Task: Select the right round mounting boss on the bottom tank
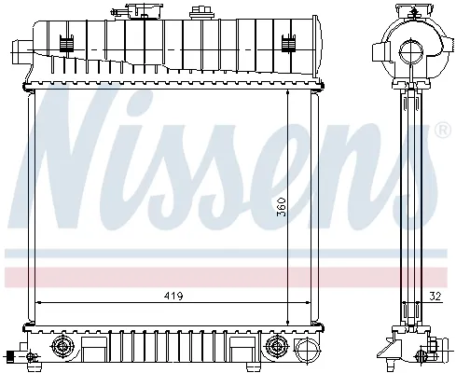[x=276, y=348]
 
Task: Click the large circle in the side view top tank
[x=409, y=52]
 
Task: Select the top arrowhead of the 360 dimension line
[x=286, y=95]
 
